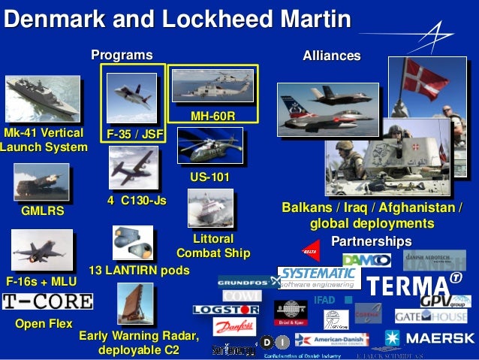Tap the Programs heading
(x=122, y=55)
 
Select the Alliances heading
(x=331, y=56)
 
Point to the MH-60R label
(x=212, y=116)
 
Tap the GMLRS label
(x=42, y=212)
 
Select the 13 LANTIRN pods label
(x=139, y=269)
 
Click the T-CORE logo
(x=47, y=302)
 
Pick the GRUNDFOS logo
(x=244, y=282)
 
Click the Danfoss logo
(x=234, y=326)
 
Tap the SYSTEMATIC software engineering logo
(x=318, y=277)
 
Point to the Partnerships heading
(x=371, y=241)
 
